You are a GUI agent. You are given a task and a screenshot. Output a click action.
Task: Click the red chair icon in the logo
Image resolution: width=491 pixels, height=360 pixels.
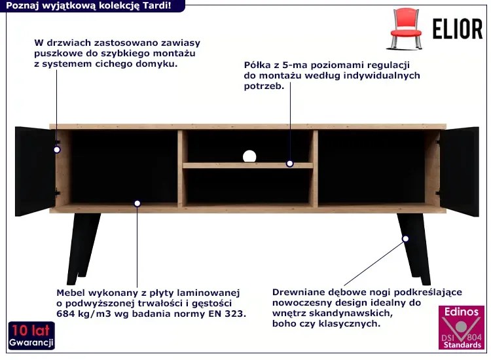click(405, 29)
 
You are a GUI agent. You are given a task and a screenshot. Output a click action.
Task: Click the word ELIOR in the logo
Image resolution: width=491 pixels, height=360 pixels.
click(458, 29)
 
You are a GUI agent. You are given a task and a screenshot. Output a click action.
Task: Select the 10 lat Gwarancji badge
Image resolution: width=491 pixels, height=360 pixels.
click(31, 335)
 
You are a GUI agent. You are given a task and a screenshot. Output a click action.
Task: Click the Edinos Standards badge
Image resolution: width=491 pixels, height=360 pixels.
click(462, 327)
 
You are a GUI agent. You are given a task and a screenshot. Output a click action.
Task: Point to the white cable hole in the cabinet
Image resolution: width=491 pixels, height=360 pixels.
click(249, 156)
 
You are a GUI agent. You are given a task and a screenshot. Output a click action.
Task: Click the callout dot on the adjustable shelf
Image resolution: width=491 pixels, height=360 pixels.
click(289, 164)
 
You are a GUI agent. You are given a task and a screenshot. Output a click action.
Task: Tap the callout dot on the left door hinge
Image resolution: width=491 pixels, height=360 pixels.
click(57, 150)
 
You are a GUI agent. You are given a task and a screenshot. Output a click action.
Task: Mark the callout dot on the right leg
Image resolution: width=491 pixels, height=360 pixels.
click(405, 239)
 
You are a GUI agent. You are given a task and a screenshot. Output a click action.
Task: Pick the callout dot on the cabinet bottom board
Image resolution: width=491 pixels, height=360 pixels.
click(137, 204)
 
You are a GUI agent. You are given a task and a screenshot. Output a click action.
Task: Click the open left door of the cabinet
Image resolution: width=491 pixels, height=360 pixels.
click(35, 171)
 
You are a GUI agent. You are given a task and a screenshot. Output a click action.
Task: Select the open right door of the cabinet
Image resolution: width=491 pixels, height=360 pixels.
click(460, 171)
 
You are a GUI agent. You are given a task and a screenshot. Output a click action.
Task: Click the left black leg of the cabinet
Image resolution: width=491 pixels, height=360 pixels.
click(82, 249)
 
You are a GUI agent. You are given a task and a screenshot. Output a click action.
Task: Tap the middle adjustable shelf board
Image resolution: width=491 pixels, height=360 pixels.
click(247, 166)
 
